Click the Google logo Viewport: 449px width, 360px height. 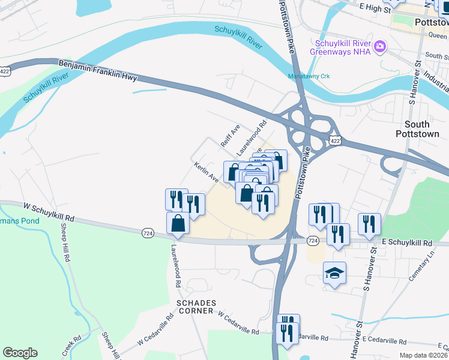[x=20, y=353]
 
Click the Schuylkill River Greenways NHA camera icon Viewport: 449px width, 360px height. [x=379, y=47]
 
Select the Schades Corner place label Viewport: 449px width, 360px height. [x=195, y=307]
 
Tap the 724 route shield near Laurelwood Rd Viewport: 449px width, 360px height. [x=148, y=232]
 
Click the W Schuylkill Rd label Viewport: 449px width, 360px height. [x=49, y=212]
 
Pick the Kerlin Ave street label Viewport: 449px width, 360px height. [x=206, y=172]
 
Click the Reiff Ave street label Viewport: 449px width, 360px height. [x=230, y=136]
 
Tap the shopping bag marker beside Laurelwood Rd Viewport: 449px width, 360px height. [x=178, y=223]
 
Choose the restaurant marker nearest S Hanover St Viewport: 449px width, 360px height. [x=369, y=224]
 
